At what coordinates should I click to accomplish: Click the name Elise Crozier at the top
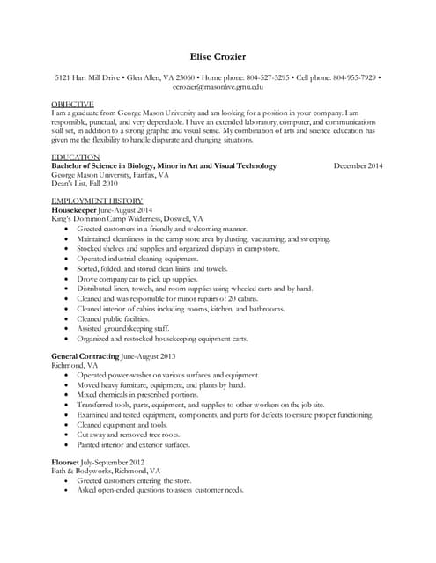click(x=218, y=57)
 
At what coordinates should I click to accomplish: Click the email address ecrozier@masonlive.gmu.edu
click(x=218, y=87)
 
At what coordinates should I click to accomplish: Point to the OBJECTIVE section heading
click(x=72, y=105)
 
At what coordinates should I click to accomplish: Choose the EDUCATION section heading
click(x=76, y=157)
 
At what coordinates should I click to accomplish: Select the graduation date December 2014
click(x=358, y=166)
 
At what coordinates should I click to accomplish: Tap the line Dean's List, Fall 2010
click(x=85, y=184)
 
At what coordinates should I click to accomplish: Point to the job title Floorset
click(x=67, y=462)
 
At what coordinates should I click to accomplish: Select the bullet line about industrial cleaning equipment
click(x=137, y=260)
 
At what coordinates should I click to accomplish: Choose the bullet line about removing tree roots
click(x=128, y=435)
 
